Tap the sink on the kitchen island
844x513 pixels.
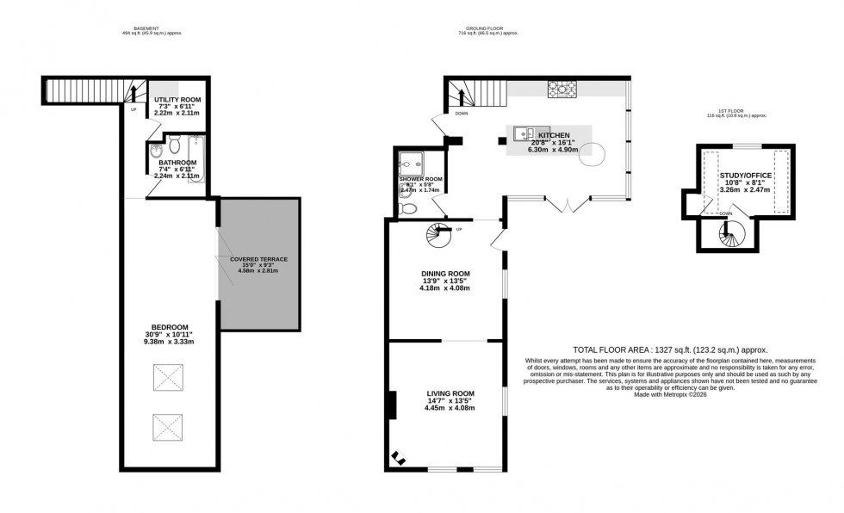(522, 133)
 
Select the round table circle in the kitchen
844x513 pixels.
(600, 155)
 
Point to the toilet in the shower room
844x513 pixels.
(409, 207)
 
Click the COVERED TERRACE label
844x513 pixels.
(258, 259)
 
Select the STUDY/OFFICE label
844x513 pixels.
(746, 176)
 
